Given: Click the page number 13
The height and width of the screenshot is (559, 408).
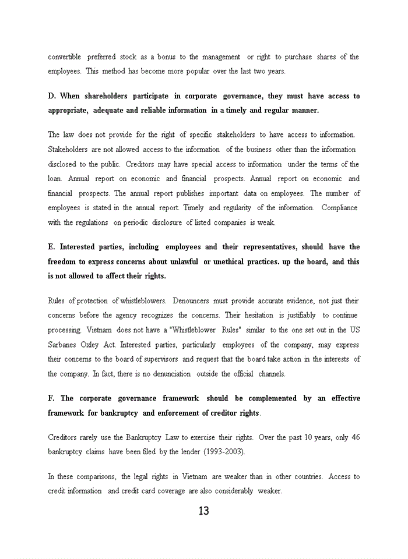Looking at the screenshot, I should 203,511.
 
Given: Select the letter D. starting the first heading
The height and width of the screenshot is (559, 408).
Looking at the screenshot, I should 51,96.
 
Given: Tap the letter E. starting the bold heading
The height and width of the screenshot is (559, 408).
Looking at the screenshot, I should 51,247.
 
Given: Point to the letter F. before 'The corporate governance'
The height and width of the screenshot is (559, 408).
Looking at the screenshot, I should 51,399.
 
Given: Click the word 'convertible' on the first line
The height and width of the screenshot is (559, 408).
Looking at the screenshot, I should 64,57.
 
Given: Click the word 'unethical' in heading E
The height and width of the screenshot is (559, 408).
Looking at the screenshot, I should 230,262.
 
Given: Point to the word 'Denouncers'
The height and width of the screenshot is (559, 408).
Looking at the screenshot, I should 195,301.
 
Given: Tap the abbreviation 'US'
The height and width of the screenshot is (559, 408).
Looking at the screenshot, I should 354,330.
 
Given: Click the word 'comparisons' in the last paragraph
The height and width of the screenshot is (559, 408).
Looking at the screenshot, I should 93,477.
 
